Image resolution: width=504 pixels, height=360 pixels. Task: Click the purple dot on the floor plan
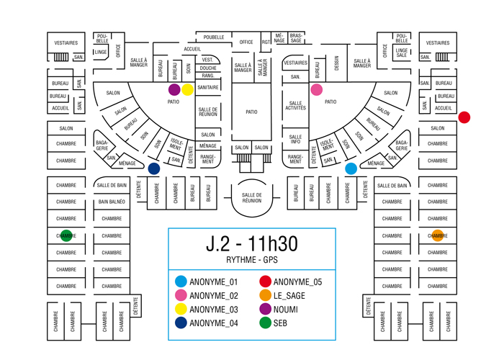click(x=174, y=90)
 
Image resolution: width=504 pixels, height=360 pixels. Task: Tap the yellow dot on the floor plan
click(x=187, y=90)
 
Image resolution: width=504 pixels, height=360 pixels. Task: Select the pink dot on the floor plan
click(x=317, y=90)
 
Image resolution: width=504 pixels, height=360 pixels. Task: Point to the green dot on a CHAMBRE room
click(x=66, y=235)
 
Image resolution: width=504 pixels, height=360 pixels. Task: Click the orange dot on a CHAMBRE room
click(x=438, y=235)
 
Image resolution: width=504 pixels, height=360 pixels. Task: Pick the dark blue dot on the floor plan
click(x=153, y=169)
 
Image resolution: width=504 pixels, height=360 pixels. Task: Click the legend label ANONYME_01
click(x=214, y=282)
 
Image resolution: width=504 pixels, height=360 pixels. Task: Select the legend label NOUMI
click(x=286, y=309)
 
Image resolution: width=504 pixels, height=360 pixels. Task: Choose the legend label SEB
click(x=281, y=323)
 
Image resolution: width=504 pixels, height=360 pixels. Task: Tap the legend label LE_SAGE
click(x=290, y=296)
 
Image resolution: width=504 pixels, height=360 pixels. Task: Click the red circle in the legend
click(x=265, y=282)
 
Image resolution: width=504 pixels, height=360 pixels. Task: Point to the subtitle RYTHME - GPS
click(x=251, y=261)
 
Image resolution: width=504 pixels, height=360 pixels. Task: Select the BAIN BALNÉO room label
click(x=112, y=202)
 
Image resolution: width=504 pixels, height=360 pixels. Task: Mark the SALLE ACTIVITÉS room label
click(x=296, y=105)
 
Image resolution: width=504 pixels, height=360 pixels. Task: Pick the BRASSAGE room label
click(x=296, y=36)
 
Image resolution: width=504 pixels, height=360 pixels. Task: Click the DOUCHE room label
click(x=208, y=68)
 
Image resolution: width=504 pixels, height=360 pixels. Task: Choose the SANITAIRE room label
click(x=208, y=87)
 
